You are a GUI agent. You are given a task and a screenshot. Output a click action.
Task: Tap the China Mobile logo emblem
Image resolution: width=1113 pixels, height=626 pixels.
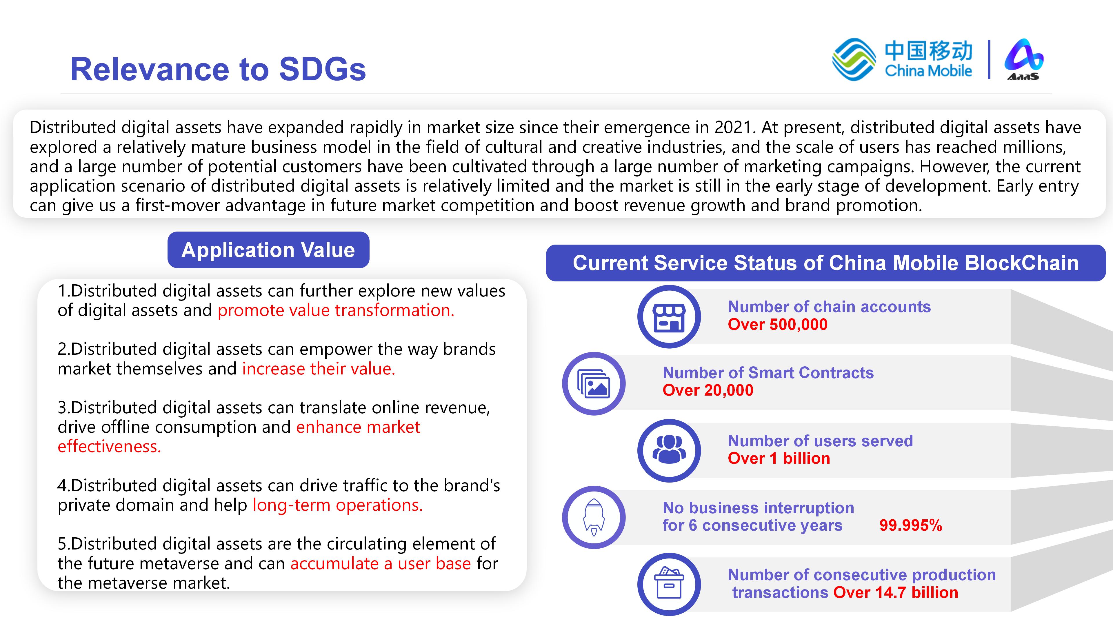[854, 60]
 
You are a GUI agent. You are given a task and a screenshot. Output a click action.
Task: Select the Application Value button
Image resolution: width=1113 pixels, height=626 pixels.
[268, 250]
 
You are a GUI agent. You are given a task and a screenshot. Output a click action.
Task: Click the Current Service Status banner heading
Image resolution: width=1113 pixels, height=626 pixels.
[826, 263]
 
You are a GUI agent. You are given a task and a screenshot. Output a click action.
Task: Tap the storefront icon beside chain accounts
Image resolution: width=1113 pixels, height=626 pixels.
[669, 317]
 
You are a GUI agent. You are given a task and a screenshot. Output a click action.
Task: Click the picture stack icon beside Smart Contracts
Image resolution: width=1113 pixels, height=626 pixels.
[594, 384]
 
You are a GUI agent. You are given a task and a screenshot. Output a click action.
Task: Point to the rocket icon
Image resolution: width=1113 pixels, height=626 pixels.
[594, 518]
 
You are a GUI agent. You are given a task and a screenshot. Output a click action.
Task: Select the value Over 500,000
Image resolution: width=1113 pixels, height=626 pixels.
[777, 325]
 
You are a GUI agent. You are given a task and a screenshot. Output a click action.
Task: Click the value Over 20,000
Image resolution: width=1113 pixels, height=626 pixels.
[708, 390]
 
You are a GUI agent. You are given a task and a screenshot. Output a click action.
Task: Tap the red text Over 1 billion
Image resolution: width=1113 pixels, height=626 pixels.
[779, 458]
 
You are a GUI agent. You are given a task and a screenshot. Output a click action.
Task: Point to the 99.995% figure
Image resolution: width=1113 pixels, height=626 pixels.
[911, 525]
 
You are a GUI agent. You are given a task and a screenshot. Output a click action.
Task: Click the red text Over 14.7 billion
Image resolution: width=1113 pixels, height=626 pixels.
[896, 592]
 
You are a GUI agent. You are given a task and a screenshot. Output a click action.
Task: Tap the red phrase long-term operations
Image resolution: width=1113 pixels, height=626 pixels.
[337, 505]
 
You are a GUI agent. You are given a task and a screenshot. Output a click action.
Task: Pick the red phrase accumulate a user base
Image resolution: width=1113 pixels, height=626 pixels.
[380, 563]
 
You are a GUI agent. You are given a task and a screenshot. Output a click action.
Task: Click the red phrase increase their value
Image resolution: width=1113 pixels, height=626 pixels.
[319, 369]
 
